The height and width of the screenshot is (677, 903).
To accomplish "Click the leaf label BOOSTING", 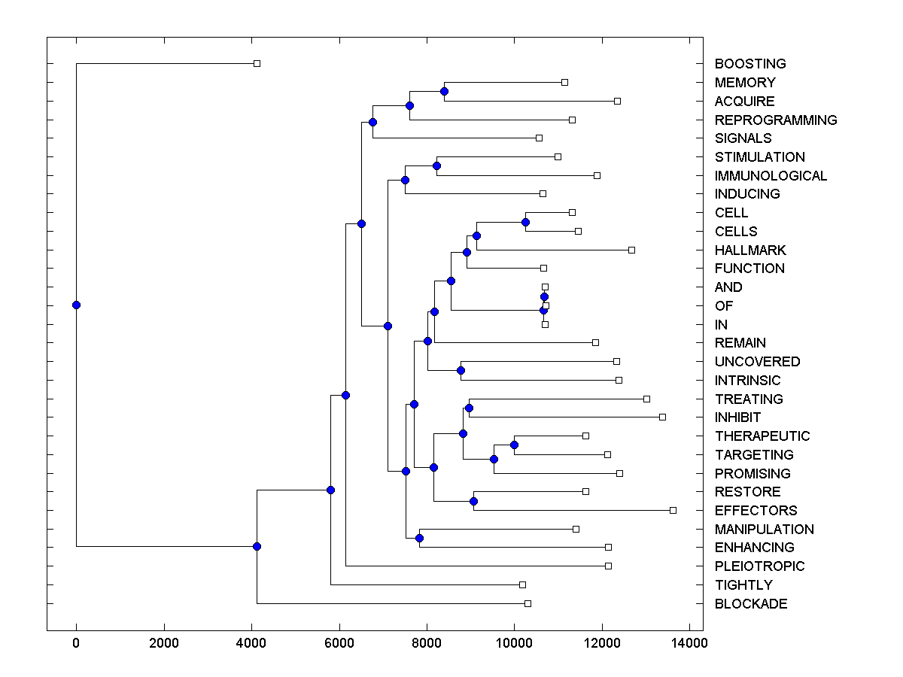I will tap(750, 64).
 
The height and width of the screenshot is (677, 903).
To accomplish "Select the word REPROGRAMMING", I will tap(776, 120).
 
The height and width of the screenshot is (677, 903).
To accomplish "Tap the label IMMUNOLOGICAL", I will tap(771, 176).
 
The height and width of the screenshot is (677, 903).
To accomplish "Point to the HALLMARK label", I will tap(750, 250).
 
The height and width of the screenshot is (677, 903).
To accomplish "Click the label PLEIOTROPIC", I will tap(759, 566).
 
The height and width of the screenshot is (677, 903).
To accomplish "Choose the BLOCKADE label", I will tap(751, 604).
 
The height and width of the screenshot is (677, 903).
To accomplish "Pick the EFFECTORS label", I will tap(756, 511).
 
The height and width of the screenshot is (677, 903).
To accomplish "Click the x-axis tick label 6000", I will tap(339, 643).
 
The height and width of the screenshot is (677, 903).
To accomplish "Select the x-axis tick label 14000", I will tap(689, 643).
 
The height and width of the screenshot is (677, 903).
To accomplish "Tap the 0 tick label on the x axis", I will tap(76, 643).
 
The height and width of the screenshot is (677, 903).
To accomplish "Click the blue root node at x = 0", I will tap(76, 305).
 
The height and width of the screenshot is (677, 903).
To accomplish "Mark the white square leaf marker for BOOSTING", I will tap(257, 63).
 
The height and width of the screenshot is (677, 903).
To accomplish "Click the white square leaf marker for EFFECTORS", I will tap(673, 510).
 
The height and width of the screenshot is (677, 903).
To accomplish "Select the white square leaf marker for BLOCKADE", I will tap(528, 603).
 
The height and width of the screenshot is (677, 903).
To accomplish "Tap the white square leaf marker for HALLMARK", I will tap(631, 250).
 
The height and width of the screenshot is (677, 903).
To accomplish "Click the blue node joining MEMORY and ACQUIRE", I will tap(444, 91).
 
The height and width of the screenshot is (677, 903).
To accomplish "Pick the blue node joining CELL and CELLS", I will tap(525, 222).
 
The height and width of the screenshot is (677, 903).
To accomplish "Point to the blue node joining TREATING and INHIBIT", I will tap(469, 408).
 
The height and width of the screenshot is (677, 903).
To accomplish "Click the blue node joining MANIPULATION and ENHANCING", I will tap(419, 538).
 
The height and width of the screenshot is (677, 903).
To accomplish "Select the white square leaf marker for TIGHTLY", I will tap(522, 584).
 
